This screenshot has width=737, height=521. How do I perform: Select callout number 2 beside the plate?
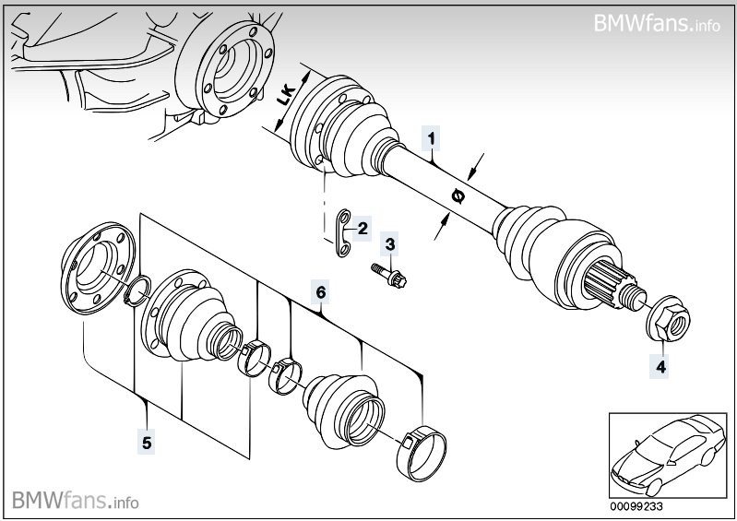[363, 228]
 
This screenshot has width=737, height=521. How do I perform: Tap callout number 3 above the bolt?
[390, 244]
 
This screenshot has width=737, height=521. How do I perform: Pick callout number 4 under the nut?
[660, 366]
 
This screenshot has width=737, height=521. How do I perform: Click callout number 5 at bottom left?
[147, 443]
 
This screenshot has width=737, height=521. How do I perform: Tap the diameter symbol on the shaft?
[458, 195]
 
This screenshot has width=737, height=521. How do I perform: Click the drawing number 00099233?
[636, 504]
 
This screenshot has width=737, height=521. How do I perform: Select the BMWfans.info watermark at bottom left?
[76, 501]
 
